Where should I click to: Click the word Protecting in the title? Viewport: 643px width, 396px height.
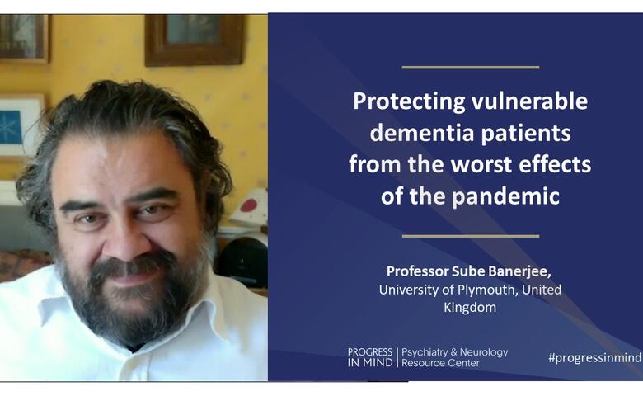pyautogui.click(x=409, y=101)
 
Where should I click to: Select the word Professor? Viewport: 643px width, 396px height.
pyautogui.click(x=417, y=271)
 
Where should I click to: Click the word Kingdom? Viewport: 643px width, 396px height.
pyautogui.click(x=470, y=308)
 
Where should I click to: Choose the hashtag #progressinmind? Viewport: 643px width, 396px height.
pyautogui.click(x=595, y=357)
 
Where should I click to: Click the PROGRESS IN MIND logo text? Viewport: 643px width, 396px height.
pyautogui.click(x=370, y=357)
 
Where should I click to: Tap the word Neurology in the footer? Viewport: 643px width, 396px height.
pyautogui.click(x=484, y=352)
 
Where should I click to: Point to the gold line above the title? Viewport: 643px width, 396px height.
pyautogui.click(x=471, y=68)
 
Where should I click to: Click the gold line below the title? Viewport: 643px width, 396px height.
pyautogui.click(x=471, y=236)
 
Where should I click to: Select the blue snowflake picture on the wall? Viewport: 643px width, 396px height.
pyautogui.click(x=11, y=126)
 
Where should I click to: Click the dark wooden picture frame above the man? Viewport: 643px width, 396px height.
pyautogui.click(x=195, y=40)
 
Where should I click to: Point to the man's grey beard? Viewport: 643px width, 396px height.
pyautogui.click(x=131, y=299)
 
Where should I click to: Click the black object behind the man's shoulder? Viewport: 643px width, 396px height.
pyautogui.click(x=242, y=262)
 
